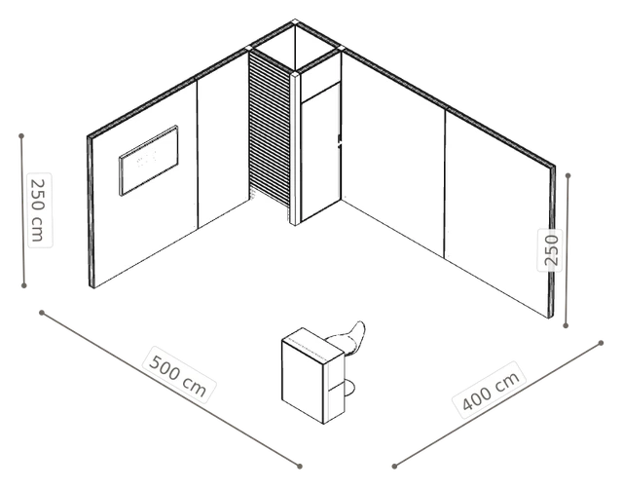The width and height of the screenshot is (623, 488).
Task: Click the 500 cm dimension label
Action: pyautogui.click(x=179, y=376)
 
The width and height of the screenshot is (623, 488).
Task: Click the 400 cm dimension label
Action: pyautogui.click(x=491, y=391)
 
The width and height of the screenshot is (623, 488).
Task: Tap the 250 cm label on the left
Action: pyautogui.click(x=40, y=210)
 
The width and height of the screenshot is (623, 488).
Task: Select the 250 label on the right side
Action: pyautogui.click(x=550, y=250)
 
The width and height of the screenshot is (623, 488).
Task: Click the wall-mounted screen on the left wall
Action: pyautogui.click(x=149, y=161)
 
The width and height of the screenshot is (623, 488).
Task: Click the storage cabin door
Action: pyautogui.click(x=320, y=153)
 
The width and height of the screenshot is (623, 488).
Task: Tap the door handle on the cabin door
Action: pyautogui.click(x=339, y=140)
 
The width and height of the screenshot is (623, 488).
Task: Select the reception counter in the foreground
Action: pyautogui.click(x=312, y=375)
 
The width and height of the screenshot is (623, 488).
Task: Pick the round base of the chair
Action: pyautogui.click(x=348, y=388)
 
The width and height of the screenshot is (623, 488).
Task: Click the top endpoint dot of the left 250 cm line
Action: pyautogui.click(x=21, y=136)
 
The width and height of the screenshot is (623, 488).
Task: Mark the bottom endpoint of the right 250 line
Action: pyautogui.click(x=566, y=325)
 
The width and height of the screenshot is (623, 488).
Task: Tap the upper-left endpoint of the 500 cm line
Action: pyautogui.click(x=42, y=313)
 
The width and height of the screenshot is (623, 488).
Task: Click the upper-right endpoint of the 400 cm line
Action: pyautogui.click(x=602, y=343)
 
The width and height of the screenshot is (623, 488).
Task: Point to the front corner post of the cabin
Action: pyautogui.click(x=294, y=148)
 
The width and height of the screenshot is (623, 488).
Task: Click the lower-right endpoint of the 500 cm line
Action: pyautogui.click(x=300, y=467)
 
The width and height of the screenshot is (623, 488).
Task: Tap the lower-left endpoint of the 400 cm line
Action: pyautogui.click(x=394, y=467)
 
